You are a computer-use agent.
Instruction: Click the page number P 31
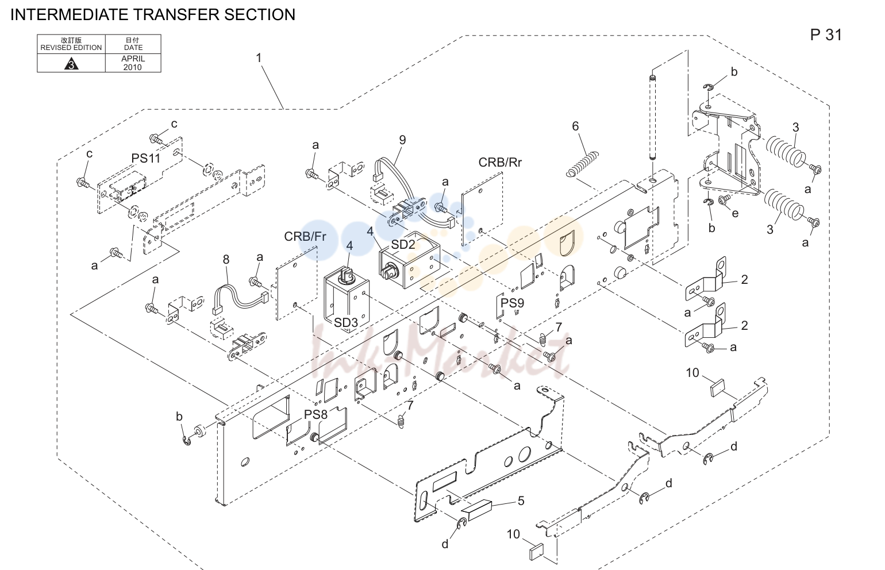coord(826,34)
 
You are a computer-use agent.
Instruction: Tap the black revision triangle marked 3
coord(71,63)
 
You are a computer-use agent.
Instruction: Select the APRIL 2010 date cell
coord(133,63)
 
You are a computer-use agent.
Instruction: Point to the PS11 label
coord(146,159)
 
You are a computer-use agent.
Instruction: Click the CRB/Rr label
coord(500,163)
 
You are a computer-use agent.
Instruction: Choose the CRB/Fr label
coord(305,236)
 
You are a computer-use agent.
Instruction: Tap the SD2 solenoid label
coord(403,245)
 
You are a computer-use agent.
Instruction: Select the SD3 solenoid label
coord(346,322)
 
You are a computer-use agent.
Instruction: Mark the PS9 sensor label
coord(512,303)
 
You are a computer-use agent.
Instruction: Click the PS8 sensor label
coord(315,414)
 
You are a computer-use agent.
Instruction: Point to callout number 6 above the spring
coord(575,126)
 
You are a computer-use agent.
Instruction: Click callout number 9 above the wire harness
coord(402,140)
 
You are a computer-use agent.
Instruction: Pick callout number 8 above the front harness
coord(226,260)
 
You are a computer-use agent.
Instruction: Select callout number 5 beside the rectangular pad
coord(521,501)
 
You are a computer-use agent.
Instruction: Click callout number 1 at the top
coord(259,58)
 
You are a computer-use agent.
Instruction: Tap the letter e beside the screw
coord(735,214)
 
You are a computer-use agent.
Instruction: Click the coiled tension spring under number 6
coord(582,164)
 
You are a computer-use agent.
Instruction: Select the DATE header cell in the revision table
coord(133,44)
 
